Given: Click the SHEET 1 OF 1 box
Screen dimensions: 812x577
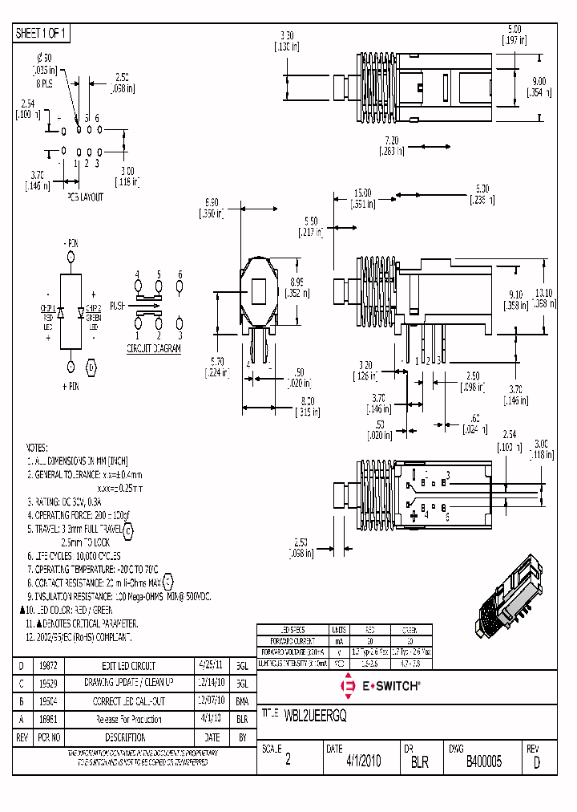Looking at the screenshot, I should [x=42, y=33].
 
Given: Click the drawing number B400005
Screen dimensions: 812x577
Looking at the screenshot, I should [x=483, y=762].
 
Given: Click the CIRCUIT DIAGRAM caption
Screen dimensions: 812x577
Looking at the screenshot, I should [x=154, y=349].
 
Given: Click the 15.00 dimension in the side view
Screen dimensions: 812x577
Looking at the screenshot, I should [x=363, y=193].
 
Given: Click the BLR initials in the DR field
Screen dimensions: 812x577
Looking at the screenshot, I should [x=420, y=762].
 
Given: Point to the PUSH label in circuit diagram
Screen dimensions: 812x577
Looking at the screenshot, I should [x=117, y=306].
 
